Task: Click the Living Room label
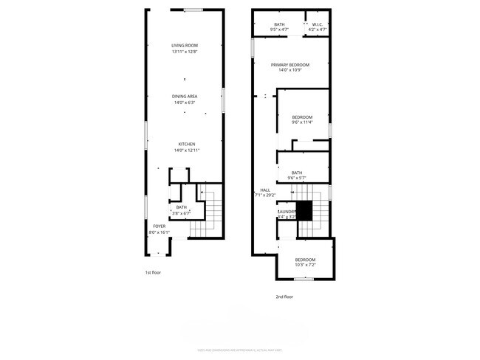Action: pyautogui.click(x=185, y=46)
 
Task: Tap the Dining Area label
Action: pyautogui.click(x=185, y=96)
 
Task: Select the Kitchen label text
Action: pyautogui.click(x=186, y=144)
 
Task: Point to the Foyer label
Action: pyautogui.click(x=160, y=226)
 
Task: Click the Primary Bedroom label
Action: pyautogui.click(x=289, y=65)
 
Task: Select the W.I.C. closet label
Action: pyautogui.click(x=317, y=24)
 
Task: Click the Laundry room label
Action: pyautogui.click(x=287, y=212)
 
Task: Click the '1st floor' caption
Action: pyautogui.click(x=152, y=273)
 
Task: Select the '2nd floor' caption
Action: pyautogui.click(x=284, y=297)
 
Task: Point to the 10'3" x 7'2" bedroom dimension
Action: pyautogui.click(x=305, y=265)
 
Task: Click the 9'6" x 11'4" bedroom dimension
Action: pyautogui.click(x=302, y=122)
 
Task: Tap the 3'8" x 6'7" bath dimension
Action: pyautogui.click(x=181, y=213)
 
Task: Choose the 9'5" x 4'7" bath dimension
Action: pyautogui.click(x=279, y=30)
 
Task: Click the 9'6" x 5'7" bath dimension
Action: pyautogui.click(x=297, y=179)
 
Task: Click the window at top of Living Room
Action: pyautogui.click(x=193, y=10)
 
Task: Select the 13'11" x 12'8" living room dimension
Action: pyautogui.click(x=185, y=52)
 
